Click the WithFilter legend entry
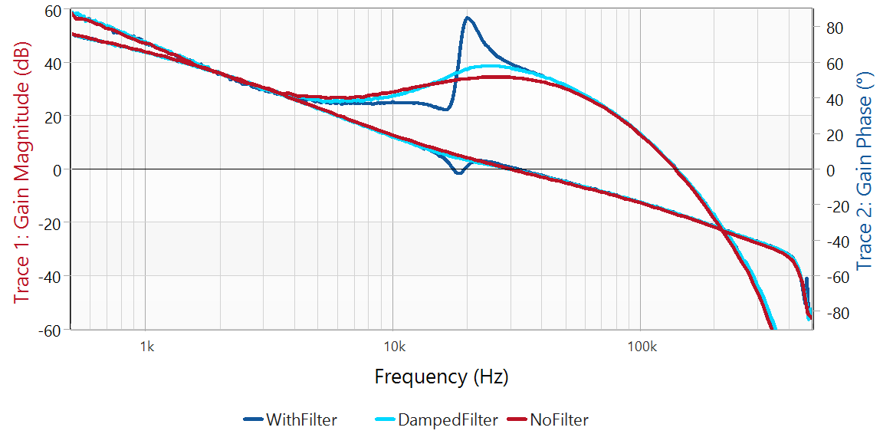[x=301, y=419]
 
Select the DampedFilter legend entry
[x=448, y=419]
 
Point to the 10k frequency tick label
[x=393, y=346]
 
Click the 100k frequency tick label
[x=641, y=346]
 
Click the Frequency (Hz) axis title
[x=442, y=376]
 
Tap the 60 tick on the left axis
[x=54, y=11]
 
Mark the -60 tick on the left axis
[x=51, y=330]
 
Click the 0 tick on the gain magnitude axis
[x=57, y=169]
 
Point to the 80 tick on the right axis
[x=833, y=28]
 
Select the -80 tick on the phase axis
[x=836, y=313]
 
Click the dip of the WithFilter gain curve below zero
[x=458, y=173]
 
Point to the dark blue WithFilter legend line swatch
[x=253, y=419]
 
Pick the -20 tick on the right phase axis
[x=836, y=205]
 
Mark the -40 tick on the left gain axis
[x=51, y=276]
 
